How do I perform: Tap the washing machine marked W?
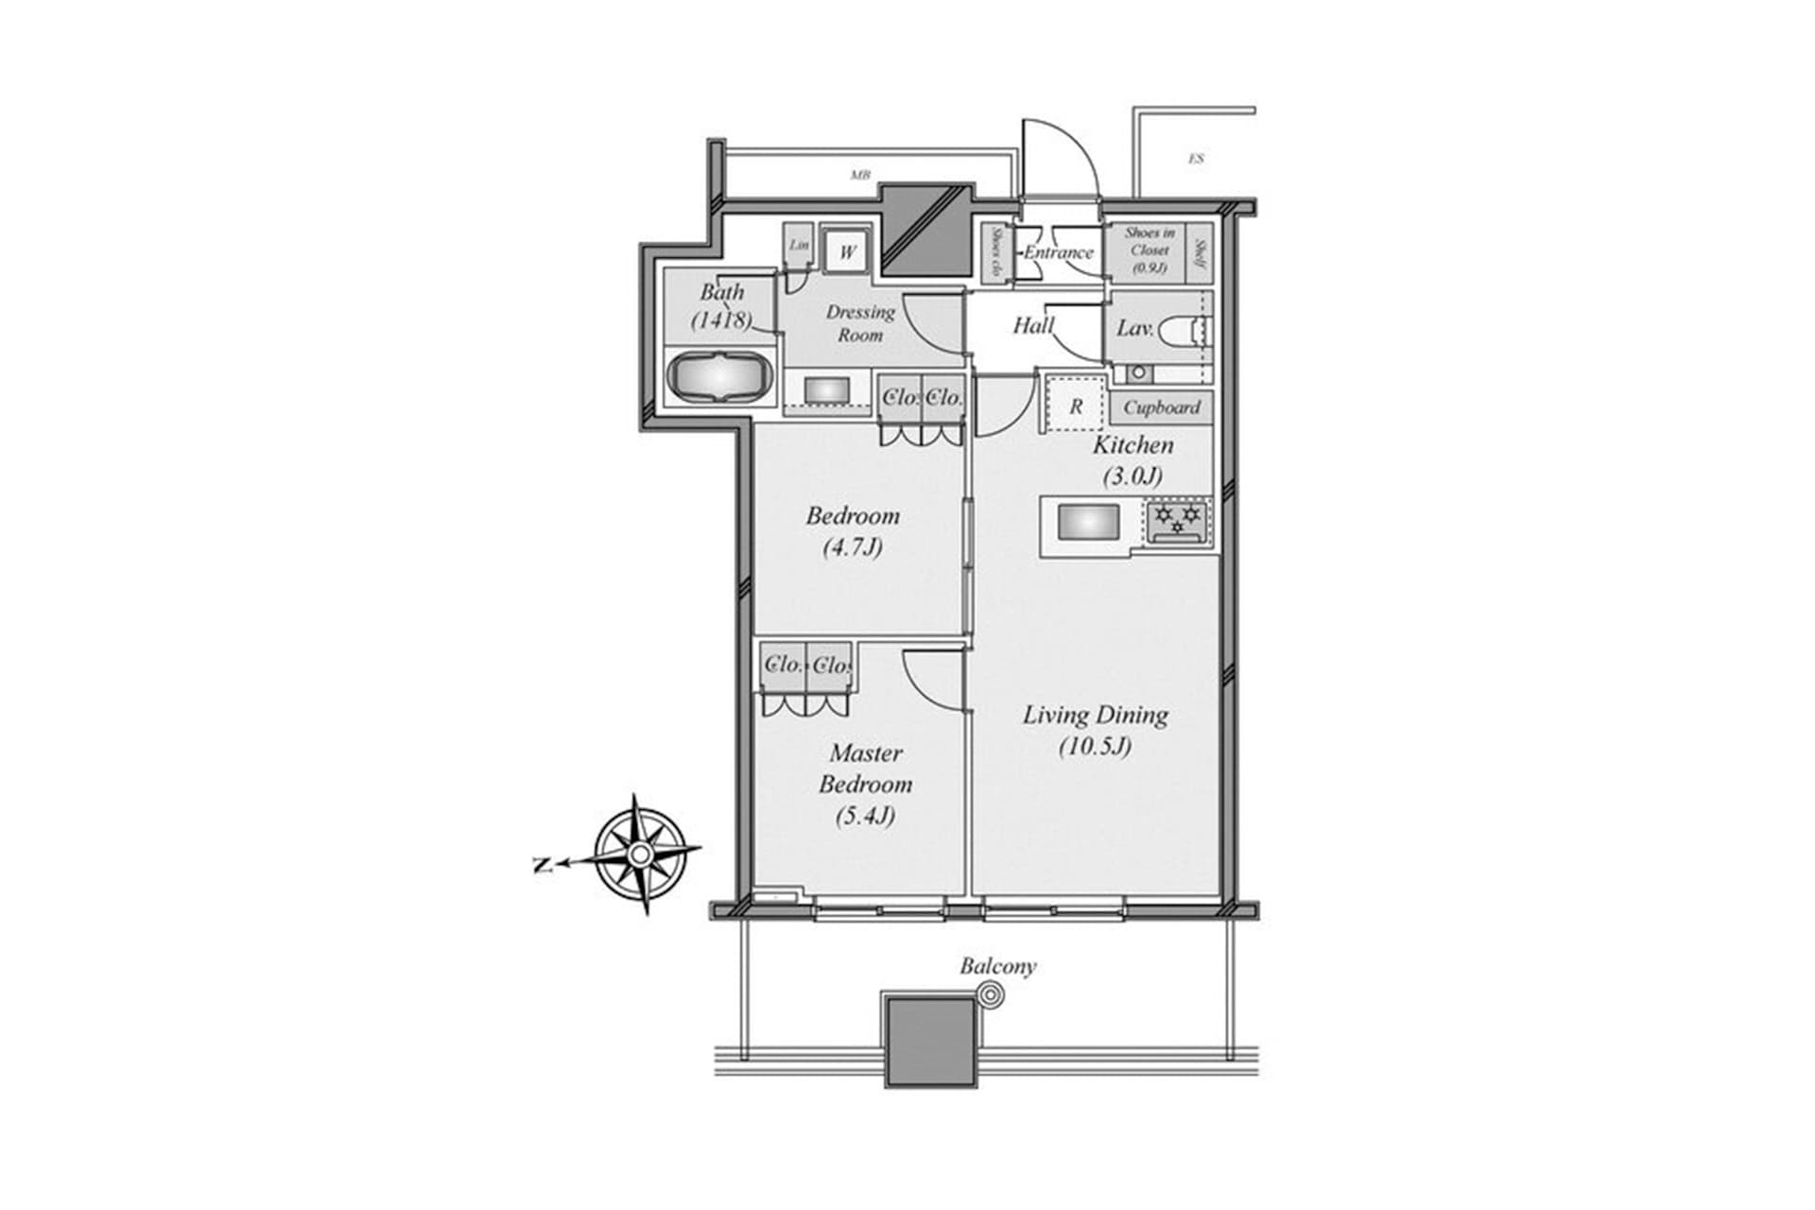(x=847, y=252)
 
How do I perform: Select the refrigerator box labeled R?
(x=1075, y=406)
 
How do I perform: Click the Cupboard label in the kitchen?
(x=1162, y=407)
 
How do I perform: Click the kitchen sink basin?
(x=1088, y=523)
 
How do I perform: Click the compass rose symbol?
(x=641, y=855)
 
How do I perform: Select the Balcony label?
(x=997, y=966)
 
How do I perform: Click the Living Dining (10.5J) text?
(x=1095, y=730)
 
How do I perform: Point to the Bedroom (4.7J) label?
(x=853, y=530)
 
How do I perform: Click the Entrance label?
(x=1058, y=252)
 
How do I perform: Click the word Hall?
(x=1033, y=326)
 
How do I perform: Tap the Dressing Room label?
(x=860, y=323)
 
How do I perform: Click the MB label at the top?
(x=859, y=175)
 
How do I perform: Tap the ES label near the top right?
(x=1196, y=159)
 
